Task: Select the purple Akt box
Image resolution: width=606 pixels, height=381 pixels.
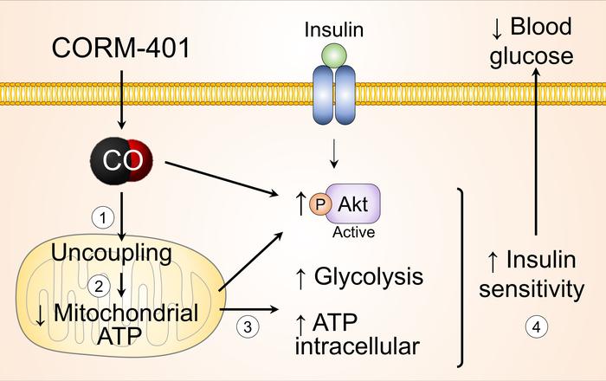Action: [352, 207]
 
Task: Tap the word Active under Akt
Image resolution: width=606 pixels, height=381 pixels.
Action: [351, 234]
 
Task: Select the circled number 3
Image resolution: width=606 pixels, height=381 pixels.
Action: [247, 327]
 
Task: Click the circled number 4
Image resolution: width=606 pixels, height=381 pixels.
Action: [538, 327]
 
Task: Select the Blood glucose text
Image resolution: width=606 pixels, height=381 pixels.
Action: [532, 42]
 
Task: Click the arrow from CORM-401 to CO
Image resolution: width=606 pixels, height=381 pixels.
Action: [122, 95]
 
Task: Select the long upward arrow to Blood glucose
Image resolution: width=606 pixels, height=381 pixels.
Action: [537, 156]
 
